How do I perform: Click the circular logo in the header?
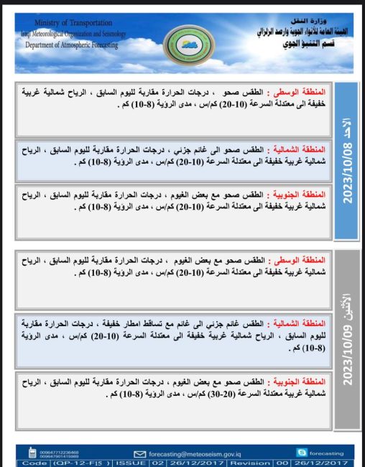183,42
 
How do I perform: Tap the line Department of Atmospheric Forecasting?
71,45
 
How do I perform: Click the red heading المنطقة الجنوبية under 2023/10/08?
297,195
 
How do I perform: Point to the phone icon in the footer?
32,453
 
